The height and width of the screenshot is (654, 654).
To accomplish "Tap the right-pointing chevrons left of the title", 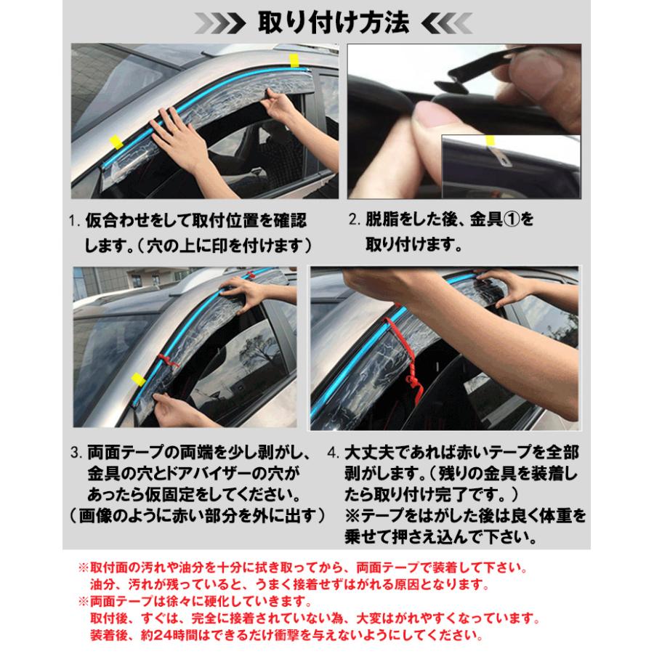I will pos(224,23).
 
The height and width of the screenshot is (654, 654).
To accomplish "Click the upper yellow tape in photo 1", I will pos(295,60).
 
